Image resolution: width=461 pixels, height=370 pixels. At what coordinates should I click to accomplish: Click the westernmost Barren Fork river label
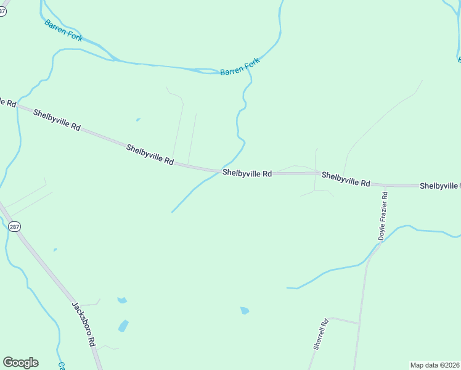[63, 30]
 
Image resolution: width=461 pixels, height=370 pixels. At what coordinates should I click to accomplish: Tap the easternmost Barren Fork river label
[240, 67]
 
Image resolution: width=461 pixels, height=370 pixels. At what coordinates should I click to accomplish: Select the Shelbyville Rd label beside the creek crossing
[247, 174]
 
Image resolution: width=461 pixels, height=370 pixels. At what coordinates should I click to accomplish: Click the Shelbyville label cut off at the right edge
[440, 186]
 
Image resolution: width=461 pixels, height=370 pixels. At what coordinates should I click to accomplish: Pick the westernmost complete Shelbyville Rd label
[57, 120]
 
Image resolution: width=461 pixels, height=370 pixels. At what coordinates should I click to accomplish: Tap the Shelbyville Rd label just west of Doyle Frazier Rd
[346, 179]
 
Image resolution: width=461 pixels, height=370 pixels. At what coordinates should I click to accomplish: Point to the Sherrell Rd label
[320, 335]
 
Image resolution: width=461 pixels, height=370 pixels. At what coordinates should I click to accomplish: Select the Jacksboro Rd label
[83, 323]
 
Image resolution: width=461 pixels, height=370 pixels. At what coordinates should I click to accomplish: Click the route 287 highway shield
[15, 227]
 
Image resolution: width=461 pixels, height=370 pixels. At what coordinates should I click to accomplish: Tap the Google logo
[20, 363]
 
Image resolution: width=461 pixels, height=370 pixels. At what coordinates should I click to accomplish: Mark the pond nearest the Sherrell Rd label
[245, 310]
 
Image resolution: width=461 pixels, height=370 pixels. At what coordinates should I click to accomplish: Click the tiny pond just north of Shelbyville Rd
[138, 120]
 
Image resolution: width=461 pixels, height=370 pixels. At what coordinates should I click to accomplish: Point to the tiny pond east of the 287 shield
[55, 250]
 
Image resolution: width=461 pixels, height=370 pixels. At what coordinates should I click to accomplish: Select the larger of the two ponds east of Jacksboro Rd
[123, 326]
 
